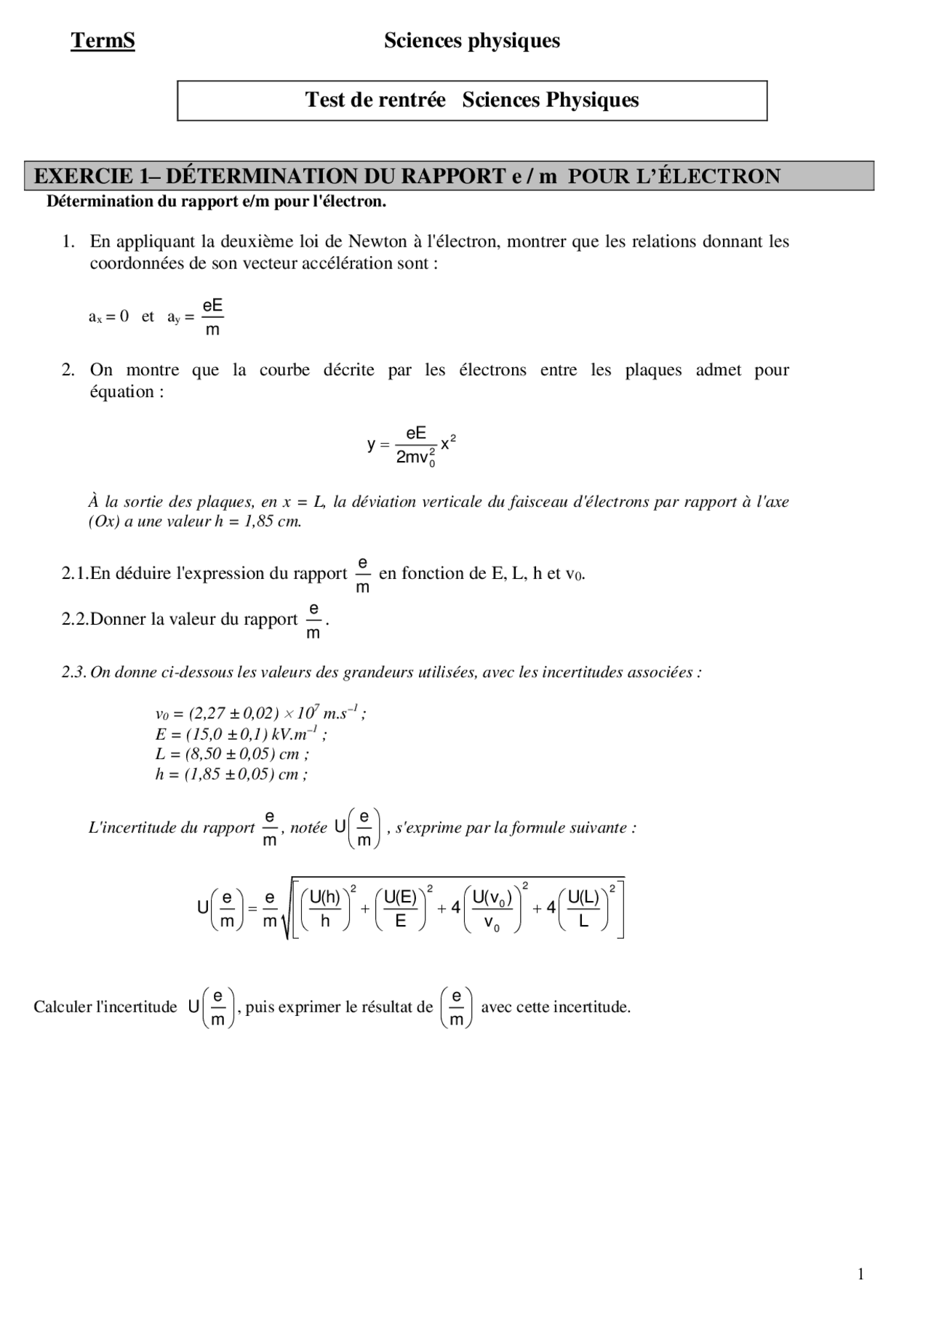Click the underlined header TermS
coord(103,41)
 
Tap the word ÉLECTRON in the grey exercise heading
coord(711,176)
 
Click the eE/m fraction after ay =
coord(212,317)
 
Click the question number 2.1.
coord(74,574)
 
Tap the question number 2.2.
coord(74,620)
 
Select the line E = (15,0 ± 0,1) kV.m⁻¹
coord(241,734)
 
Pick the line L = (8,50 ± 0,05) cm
coord(232,754)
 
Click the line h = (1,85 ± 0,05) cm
coord(231,774)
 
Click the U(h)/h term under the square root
coord(325,908)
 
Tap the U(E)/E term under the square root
coord(401,908)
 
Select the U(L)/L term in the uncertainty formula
coord(583,908)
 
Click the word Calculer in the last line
coord(61,1007)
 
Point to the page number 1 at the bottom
coord(861,1273)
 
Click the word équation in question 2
coord(121,392)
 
